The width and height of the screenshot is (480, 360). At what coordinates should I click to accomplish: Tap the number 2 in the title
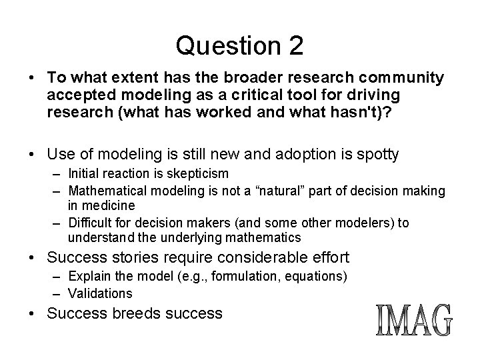tap(294, 45)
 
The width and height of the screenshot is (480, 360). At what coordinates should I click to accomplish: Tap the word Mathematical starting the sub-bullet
tap(103, 191)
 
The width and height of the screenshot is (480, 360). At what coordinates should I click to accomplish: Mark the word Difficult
tap(89, 223)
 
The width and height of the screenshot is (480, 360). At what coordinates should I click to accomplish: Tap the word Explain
tap(87, 277)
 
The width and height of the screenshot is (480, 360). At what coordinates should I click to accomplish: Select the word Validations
tap(100, 293)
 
